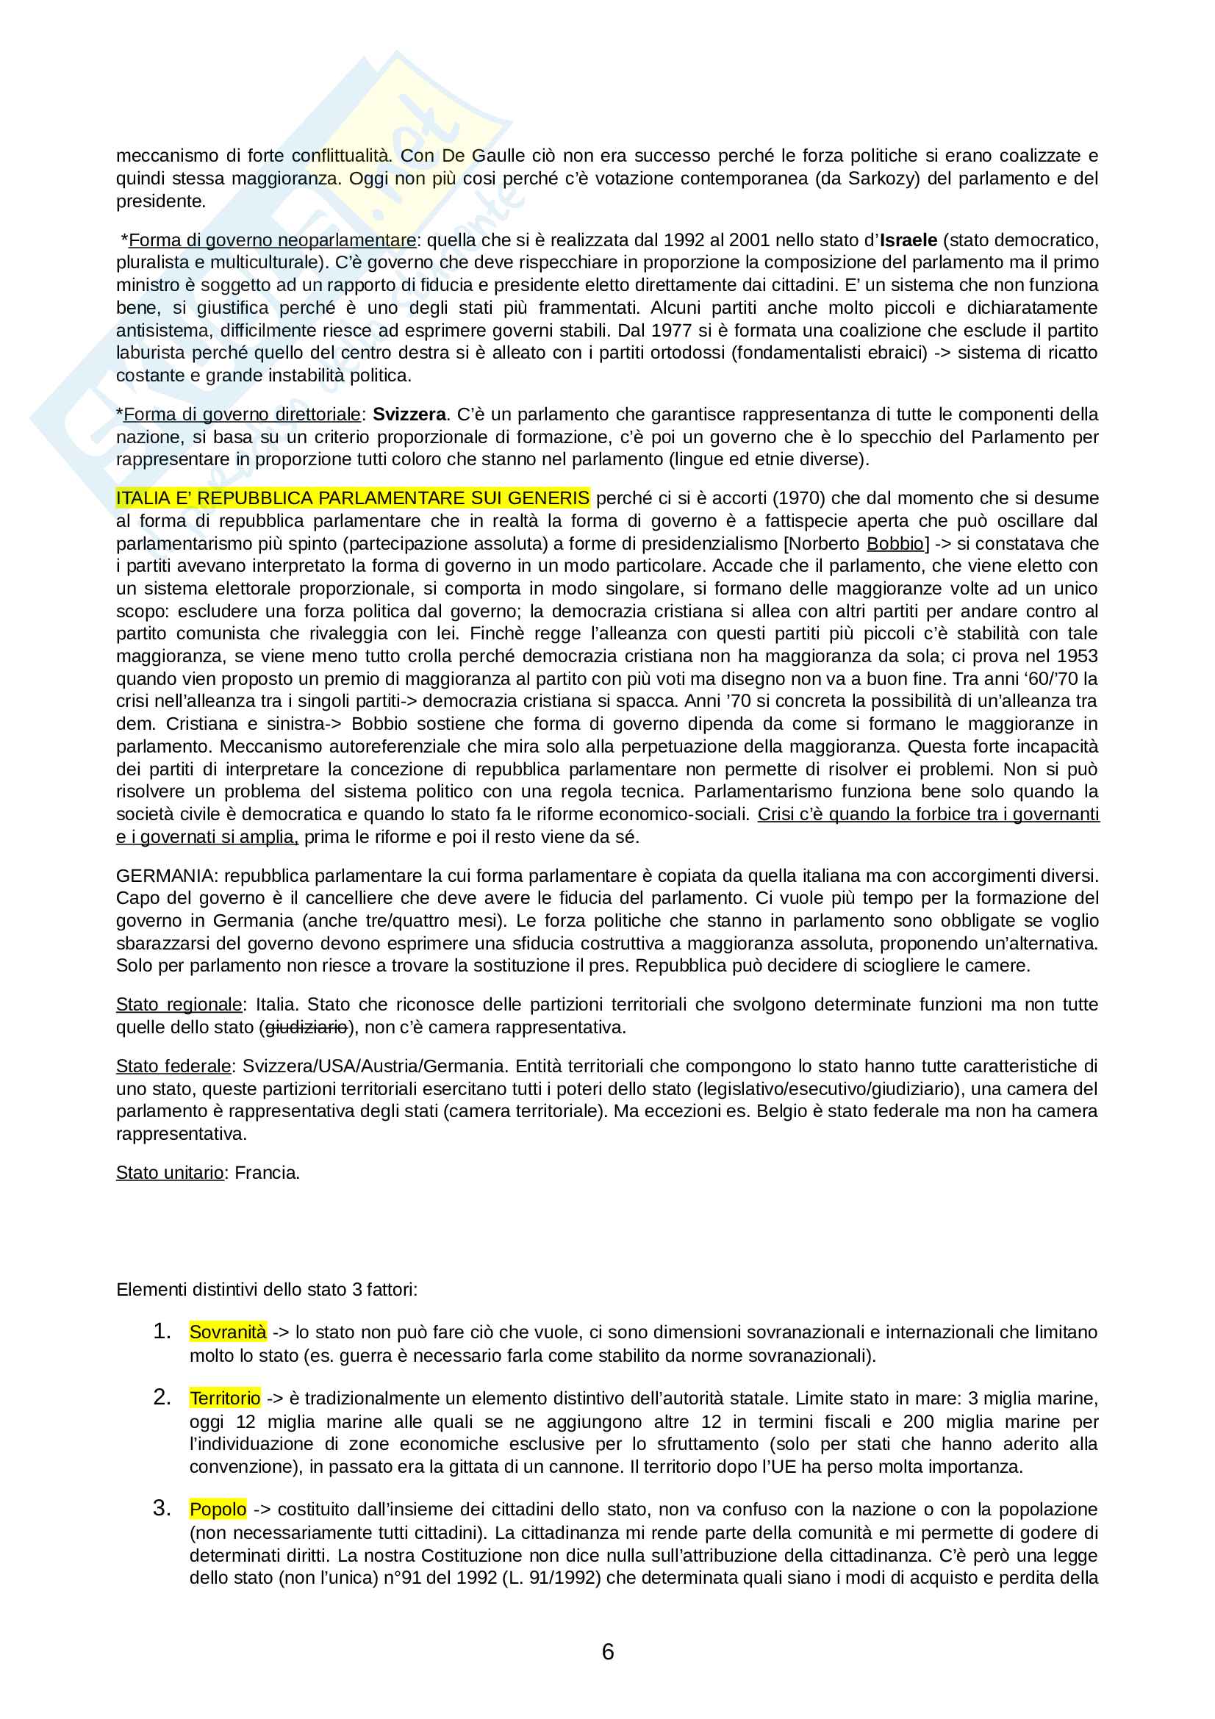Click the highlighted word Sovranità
coord(228,1332)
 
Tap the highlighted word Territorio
coord(225,1398)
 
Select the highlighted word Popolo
coord(218,1509)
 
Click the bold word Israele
coord(908,240)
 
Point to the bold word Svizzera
coord(409,414)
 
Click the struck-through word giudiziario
coord(307,1027)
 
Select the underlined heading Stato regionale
coord(179,1004)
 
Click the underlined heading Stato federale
coord(173,1066)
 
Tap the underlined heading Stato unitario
coord(170,1172)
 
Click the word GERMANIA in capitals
coord(165,875)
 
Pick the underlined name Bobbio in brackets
coord(895,544)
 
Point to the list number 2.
coord(162,1397)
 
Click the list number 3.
coord(162,1508)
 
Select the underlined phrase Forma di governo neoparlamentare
coord(273,240)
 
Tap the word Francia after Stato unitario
coord(268,1172)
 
